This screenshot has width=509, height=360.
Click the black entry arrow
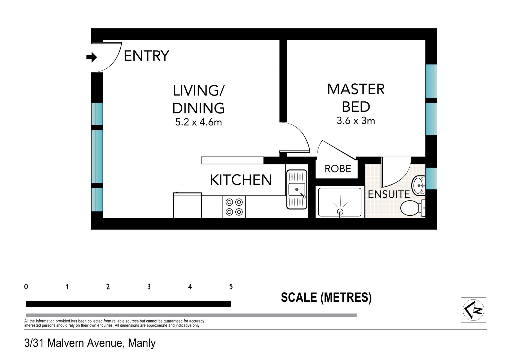click(92, 57)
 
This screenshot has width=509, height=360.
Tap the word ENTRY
click(147, 56)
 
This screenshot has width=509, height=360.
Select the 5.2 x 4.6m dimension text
click(199, 122)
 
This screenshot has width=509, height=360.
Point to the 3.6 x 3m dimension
click(356, 121)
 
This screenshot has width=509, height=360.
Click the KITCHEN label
click(241, 180)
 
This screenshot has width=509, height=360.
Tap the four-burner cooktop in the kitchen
click(234, 207)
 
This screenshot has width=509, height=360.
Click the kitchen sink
click(297, 189)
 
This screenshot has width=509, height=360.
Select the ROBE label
click(338, 169)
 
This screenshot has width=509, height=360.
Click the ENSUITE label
click(389, 194)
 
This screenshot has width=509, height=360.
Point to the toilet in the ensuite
click(413, 208)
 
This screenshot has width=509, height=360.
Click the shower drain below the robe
click(340, 212)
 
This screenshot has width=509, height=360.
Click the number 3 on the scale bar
click(149, 287)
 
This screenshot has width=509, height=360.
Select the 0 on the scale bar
click(26, 287)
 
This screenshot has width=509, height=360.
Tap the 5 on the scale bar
click(231, 287)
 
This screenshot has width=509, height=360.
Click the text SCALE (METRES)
click(326, 297)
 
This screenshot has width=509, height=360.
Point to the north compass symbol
click(473, 310)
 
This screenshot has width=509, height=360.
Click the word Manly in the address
click(142, 343)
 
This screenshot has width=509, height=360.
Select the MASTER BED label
click(356, 98)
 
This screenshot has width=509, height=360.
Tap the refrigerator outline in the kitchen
click(188, 205)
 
